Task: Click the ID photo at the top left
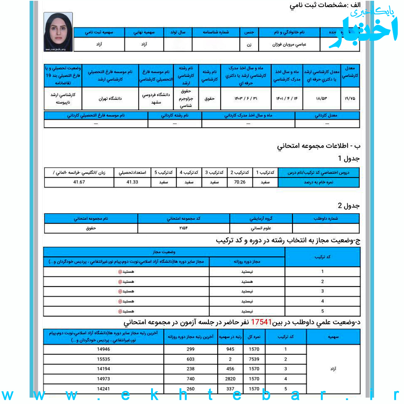coord(58,32)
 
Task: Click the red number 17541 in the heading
coord(261,322)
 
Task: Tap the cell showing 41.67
coord(79,183)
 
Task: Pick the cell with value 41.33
coord(132,183)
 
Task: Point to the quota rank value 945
coord(230,349)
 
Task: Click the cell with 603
coord(191,359)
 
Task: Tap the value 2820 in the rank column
coord(230,379)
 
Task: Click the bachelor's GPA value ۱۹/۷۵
coord(351,98)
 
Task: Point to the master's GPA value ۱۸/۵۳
coord(321,98)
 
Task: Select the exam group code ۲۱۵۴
coord(183,228)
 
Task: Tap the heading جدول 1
coord(348,159)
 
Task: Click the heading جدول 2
coord(348,205)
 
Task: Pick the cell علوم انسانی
coord(261,228)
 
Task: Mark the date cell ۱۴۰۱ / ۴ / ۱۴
coord(287,98)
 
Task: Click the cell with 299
coord(191,349)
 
